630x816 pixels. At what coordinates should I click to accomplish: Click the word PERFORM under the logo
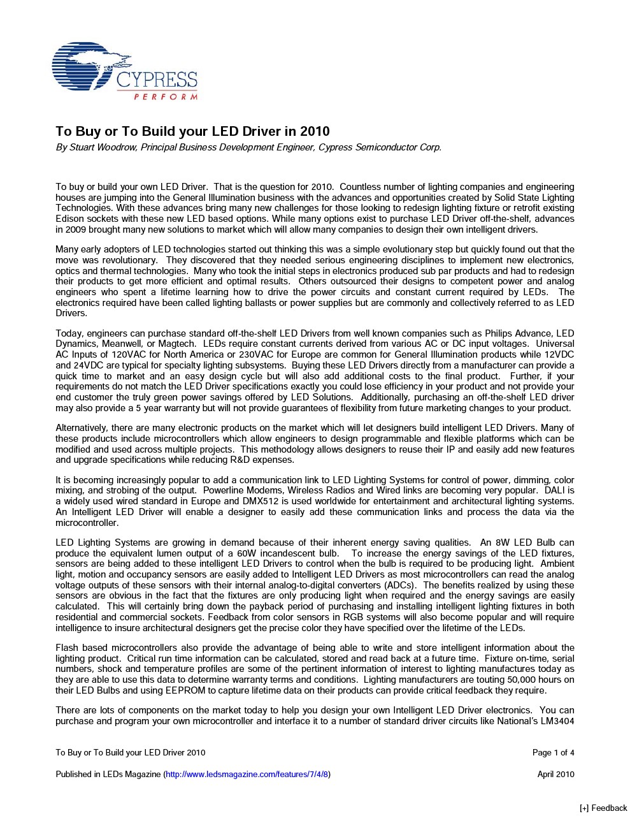tap(166, 97)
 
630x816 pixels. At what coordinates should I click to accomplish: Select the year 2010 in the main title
tap(316, 131)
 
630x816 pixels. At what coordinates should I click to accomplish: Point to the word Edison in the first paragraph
tap(70, 219)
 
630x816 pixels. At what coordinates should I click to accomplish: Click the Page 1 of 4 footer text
tap(553, 752)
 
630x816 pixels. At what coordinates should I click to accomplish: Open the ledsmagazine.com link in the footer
tap(247, 774)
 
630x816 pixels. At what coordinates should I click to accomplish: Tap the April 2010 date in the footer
tap(555, 774)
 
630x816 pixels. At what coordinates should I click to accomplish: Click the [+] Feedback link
tap(603, 808)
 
